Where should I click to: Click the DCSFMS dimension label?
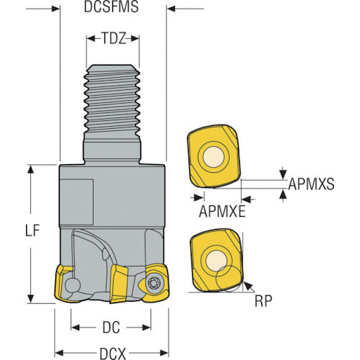tap(112, 7)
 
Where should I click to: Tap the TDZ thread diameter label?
tap(113, 38)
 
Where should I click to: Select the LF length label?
tap(32, 230)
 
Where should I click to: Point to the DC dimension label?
tap(111, 328)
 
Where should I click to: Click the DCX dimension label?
tap(112, 354)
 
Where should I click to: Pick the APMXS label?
tap(311, 184)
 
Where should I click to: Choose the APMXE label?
tap(222, 212)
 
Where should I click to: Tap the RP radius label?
tap(264, 301)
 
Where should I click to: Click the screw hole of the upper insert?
tap(213, 158)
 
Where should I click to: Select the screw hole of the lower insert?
tap(216, 261)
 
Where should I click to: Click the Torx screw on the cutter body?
tap(153, 284)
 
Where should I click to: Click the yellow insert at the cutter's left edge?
tap(63, 283)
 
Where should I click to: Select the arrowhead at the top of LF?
tap(30, 169)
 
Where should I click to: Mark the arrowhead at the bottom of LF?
tap(30, 299)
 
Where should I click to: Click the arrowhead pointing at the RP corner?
tap(248, 286)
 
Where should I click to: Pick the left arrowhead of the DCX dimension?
tap(59, 354)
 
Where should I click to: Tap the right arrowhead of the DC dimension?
tap(146, 328)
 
